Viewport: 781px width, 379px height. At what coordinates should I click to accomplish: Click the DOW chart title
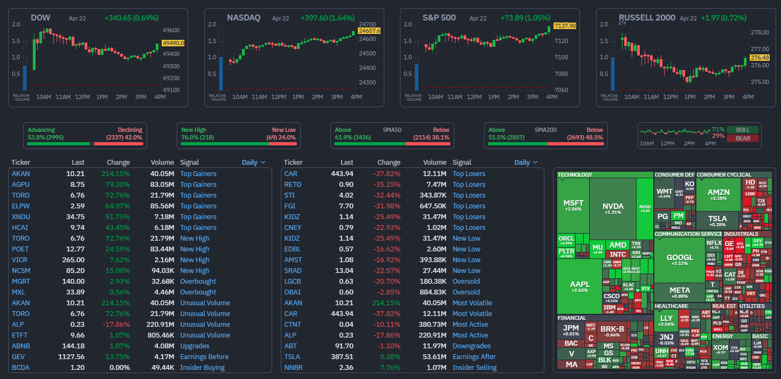tap(40, 18)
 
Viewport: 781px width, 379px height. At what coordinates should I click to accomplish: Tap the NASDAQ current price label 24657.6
tap(369, 31)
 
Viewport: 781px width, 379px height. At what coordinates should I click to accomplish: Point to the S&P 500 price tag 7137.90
tap(564, 25)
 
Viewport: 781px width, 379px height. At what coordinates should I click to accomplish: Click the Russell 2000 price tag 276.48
tap(759, 58)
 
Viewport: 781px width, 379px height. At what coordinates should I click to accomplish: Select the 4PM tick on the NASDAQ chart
tap(356, 97)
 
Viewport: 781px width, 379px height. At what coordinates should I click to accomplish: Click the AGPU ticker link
tap(21, 185)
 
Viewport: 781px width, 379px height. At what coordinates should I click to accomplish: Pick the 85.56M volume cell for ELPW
tap(162, 206)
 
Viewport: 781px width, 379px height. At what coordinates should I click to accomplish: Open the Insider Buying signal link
tap(202, 368)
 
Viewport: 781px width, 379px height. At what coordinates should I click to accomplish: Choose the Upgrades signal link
tap(195, 346)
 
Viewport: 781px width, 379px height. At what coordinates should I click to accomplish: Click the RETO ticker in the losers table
tap(293, 185)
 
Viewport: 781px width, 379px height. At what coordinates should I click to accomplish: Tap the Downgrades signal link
tap(472, 346)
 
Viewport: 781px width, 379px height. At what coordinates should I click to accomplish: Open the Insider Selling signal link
tap(474, 368)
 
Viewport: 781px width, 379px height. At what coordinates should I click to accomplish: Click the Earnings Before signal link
tap(204, 357)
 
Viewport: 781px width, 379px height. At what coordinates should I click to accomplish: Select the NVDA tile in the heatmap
tap(613, 207)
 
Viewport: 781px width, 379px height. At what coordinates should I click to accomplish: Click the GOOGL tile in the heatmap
tap(680, 259)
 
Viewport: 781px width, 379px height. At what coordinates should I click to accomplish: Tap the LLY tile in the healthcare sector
tap(666, 320)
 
